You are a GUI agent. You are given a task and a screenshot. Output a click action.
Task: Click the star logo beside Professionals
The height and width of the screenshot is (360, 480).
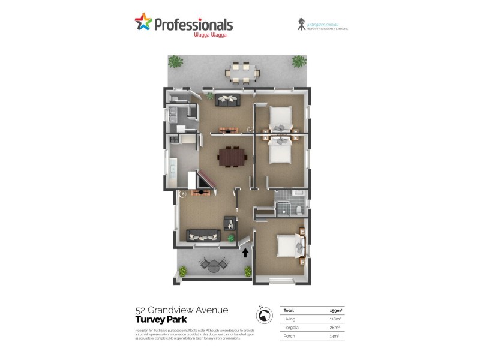click(x=143, y=23)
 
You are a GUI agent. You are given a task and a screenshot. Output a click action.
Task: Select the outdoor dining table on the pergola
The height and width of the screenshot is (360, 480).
click(x=243, y=71)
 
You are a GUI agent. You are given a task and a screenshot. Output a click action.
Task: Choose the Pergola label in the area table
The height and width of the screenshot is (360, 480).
click(x=291, y=328)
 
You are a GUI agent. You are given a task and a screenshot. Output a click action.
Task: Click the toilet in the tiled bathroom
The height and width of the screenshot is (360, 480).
click(x=299, y=209)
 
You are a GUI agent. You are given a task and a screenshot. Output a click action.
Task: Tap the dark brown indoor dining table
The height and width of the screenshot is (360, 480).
click(x=232, y=157)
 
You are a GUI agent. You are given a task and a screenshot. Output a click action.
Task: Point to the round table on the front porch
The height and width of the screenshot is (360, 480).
click(x=213, y=264)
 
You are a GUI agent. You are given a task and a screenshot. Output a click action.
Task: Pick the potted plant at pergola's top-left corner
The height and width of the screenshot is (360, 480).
click(x=175, y=61)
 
